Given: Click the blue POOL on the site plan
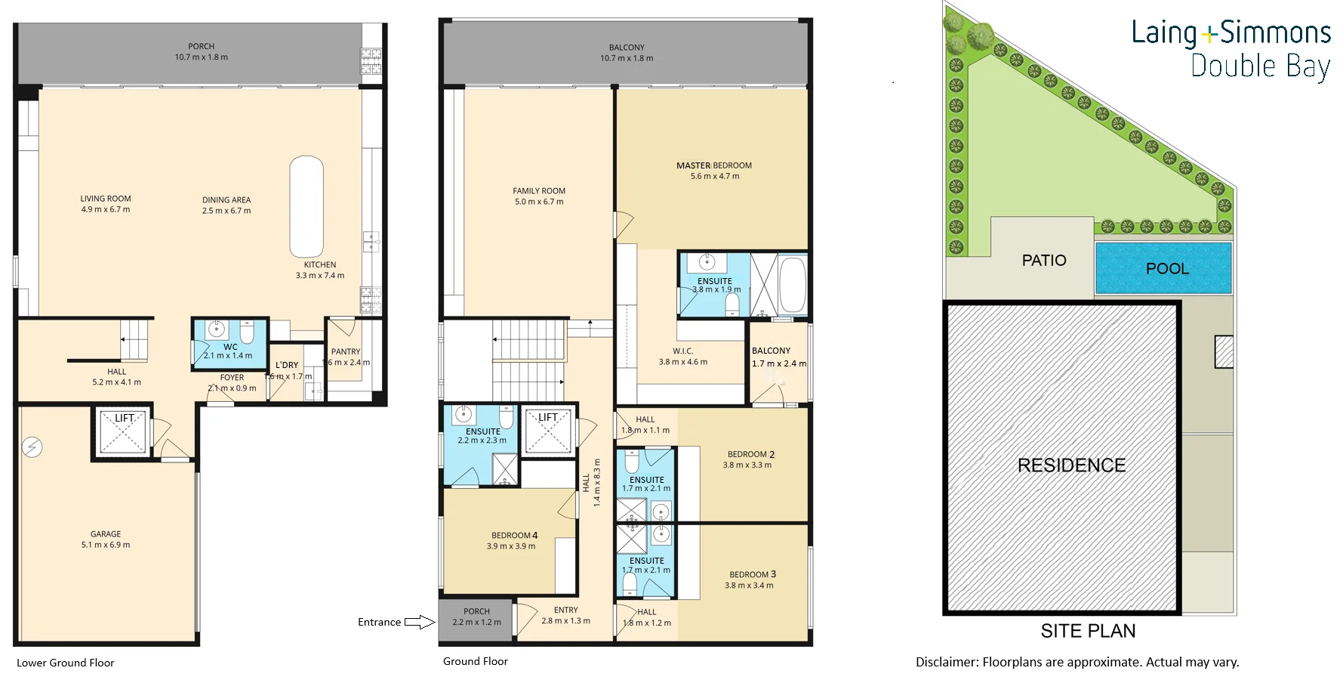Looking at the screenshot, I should [1163, 268].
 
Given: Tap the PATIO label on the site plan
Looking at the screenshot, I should [1043, 261].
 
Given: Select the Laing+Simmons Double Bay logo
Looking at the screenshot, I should [1231, 49].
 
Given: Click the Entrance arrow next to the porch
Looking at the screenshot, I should [420, 623].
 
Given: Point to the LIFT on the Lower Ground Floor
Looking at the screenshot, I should [123, 433].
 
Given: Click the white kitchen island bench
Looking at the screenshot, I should [306, 207].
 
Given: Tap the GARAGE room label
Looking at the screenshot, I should [106, 534].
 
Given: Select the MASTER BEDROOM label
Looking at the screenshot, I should [713, 165].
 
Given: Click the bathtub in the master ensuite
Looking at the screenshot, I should [792, 285].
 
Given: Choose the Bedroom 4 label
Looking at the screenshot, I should [514, 536].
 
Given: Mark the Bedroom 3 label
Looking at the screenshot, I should [752, 574].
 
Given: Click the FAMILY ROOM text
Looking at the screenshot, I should [539, 191].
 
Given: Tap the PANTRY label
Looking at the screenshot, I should [346, 351].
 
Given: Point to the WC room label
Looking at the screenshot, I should [230, 347].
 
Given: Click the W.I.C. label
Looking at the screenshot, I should [682, 351].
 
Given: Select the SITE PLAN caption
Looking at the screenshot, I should [1088, 631].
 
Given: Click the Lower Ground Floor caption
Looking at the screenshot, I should [66, 663].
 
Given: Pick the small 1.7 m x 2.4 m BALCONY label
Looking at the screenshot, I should [771, 351].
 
